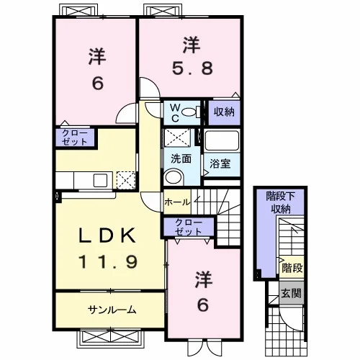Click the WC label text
(x=175, y=112)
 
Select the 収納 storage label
(x=224, y=112)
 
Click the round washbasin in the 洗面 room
(x=174, y=177)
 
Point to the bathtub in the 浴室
(x=222, y=140)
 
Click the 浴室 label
(x=220, y=163)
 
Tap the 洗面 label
(x=181, y=159)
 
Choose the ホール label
(x=177, y=202)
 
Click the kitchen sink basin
(x=100, y=181)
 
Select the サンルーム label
(x=112, y=310)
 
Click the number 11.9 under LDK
(x=108, y=261)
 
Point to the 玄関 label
(x=292, y=293)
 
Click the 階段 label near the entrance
(x=292, y=268)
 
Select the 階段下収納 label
(x=280, y=203)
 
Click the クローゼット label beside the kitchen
(x=75, y=138)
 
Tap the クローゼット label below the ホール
(x=189, y=227)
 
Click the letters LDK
(x=107, y=235)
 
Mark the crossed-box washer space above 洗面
(x=177, y=138)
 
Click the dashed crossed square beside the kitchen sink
(x=126, y=180)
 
